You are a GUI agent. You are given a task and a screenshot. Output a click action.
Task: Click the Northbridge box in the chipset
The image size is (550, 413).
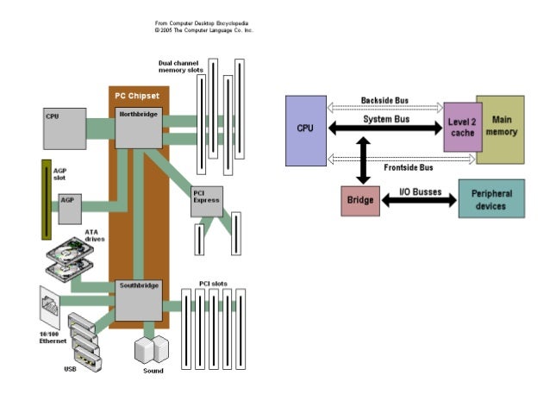(139, 128)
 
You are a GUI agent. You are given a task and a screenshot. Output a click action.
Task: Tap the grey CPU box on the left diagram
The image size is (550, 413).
(65, 128)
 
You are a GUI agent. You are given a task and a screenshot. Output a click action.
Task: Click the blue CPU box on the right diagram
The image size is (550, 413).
(305, 129)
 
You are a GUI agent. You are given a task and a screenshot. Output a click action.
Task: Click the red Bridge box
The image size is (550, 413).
(359, 200)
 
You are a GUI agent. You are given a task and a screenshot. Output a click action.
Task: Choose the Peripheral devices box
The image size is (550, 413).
(491, 200)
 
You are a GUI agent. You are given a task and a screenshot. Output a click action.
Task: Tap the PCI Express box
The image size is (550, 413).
(207, 200)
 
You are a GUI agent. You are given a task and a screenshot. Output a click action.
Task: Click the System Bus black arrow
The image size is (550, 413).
(384, 128)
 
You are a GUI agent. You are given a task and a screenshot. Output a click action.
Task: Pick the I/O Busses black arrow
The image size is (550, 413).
(418, 200)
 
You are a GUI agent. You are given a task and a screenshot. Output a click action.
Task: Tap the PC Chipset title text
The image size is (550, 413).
(139, 95)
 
